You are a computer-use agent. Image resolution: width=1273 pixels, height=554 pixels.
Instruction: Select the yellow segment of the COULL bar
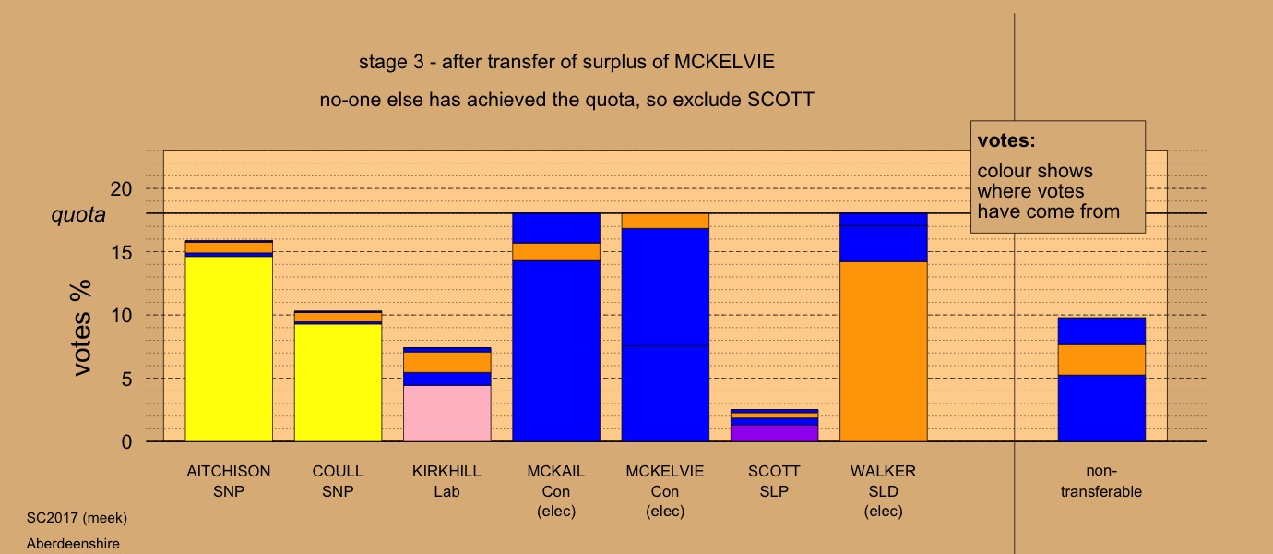tap(338, 382)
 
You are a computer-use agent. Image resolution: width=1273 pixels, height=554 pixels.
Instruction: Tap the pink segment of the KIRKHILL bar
tap(446, 414)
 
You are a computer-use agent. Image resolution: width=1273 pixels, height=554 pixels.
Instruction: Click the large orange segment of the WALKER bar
tap(883, 352)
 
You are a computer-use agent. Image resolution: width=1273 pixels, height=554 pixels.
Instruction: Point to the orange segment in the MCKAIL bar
tap(555, 251)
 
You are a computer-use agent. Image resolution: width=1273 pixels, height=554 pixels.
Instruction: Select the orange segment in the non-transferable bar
tap(1101, 359)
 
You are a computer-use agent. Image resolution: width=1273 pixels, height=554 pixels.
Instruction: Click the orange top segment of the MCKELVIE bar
tap(665, 221)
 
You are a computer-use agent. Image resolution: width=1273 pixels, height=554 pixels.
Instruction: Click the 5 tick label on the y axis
tap(126, 379)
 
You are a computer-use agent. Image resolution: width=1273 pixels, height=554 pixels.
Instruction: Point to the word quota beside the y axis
tap(77, 214)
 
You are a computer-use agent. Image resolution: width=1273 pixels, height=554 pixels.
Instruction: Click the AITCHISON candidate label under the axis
tap(229, 471)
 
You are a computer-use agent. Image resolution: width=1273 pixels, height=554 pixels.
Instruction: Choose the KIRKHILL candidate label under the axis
tap(446, 471)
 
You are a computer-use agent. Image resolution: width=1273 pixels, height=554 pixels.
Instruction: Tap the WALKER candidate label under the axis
tap(883, 471)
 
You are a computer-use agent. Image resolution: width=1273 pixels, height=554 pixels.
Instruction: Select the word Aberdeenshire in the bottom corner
tap(74, 544)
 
